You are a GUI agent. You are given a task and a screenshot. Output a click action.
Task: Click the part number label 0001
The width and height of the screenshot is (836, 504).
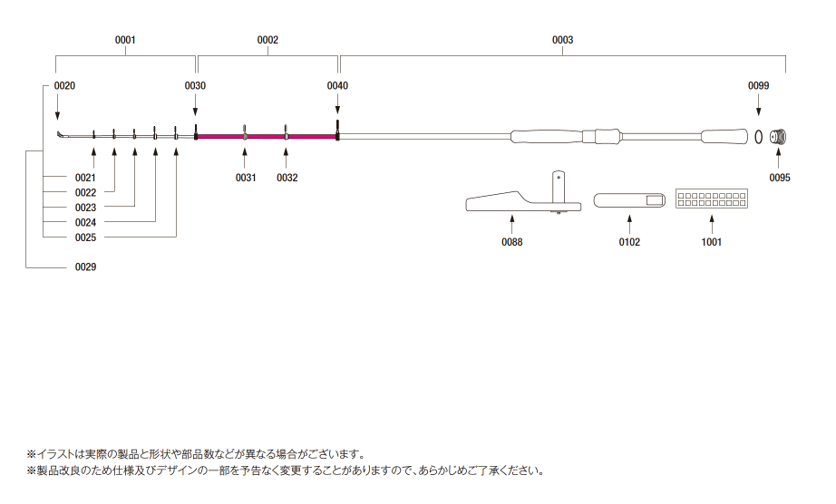point(125,40)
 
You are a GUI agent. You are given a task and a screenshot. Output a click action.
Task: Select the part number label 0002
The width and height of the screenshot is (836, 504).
point(267,40)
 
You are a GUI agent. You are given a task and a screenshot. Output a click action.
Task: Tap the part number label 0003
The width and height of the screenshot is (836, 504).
point(562,40)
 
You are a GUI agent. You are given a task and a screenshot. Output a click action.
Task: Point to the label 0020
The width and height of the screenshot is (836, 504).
point(64,85)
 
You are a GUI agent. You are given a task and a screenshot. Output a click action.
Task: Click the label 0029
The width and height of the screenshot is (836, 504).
point(85,267)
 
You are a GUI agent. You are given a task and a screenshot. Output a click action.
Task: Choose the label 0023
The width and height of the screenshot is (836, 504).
point(85,208)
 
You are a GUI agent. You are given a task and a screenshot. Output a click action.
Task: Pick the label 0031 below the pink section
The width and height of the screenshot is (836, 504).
point(246,178)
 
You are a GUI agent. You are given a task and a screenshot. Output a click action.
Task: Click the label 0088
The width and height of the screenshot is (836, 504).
point(512,242)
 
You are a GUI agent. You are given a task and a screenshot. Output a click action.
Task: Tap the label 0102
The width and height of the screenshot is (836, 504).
point(629,242)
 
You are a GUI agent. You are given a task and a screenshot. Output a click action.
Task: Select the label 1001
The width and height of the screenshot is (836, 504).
point(711,242)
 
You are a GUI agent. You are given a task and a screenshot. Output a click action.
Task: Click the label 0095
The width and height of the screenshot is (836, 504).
point(780,178)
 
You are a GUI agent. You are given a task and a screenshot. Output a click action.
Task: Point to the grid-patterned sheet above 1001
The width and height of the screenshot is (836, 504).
point(711,199)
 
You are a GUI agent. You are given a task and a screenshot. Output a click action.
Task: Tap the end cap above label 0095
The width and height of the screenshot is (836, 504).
point(778,137)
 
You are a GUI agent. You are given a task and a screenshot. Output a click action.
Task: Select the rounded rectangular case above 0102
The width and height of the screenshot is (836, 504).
point(629,199)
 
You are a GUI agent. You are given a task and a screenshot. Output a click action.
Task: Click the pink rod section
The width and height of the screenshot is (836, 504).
point(267,137)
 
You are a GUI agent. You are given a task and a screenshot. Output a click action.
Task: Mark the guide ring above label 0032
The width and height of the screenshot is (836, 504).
point(286,135)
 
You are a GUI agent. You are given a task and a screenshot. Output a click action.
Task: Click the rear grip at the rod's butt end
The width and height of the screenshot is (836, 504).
point(725,137)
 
